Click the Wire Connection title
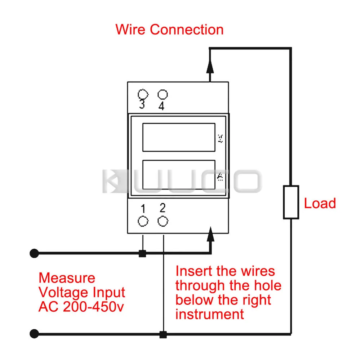click(x=169, y=29)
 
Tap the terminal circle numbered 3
click(x=143, y=94)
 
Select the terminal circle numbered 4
click(x=163, y=94)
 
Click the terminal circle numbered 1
click(x=143, y=221)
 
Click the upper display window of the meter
click(x=179, y=137)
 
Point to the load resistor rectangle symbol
click(x=291, y=202)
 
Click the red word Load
click(x=320, y=203)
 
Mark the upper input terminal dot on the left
click(x=34, y=253)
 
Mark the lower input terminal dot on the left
click(x=34, y=334)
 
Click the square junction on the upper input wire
click(x=142, y=254)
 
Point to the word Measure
click(x=67, y=278)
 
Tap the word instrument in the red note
click(x=210, y=314)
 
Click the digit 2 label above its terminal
click(x=163, y=208)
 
